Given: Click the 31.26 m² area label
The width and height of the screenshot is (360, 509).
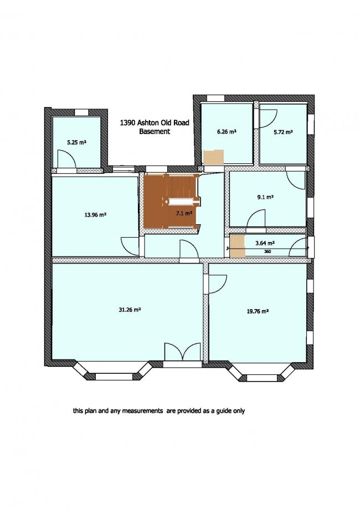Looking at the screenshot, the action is (130, 310).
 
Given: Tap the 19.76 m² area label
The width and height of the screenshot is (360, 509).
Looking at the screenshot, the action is (258, 311).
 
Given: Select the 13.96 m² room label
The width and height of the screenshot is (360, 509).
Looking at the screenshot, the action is (95, 214).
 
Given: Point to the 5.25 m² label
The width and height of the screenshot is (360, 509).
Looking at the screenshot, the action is (76, 142).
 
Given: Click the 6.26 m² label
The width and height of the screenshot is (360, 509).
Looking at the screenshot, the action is (227, 132).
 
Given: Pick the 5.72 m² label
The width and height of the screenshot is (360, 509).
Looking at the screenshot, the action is (283, 132).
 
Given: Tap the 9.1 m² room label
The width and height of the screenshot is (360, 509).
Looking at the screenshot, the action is (265, 197).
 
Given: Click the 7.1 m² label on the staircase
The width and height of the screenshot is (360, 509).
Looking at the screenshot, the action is (184, 213).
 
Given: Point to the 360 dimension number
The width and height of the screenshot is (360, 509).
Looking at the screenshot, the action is (268, 251).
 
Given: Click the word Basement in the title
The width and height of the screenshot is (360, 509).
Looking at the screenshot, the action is (155, 131).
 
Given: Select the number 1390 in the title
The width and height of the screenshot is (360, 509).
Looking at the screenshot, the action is (127, 123).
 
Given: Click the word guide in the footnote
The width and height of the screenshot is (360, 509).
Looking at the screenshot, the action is (217, 411).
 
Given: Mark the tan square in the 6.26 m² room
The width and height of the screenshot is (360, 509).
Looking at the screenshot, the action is (213, 157).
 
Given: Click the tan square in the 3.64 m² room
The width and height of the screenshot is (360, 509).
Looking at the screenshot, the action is (237, 246).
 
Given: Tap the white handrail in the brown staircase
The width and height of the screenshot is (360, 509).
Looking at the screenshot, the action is (182, 202).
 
